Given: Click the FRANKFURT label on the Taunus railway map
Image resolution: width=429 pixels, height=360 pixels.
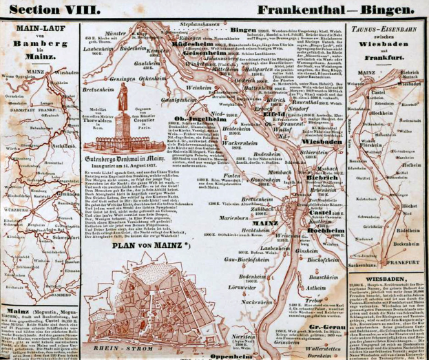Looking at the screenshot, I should coord(403,262).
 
